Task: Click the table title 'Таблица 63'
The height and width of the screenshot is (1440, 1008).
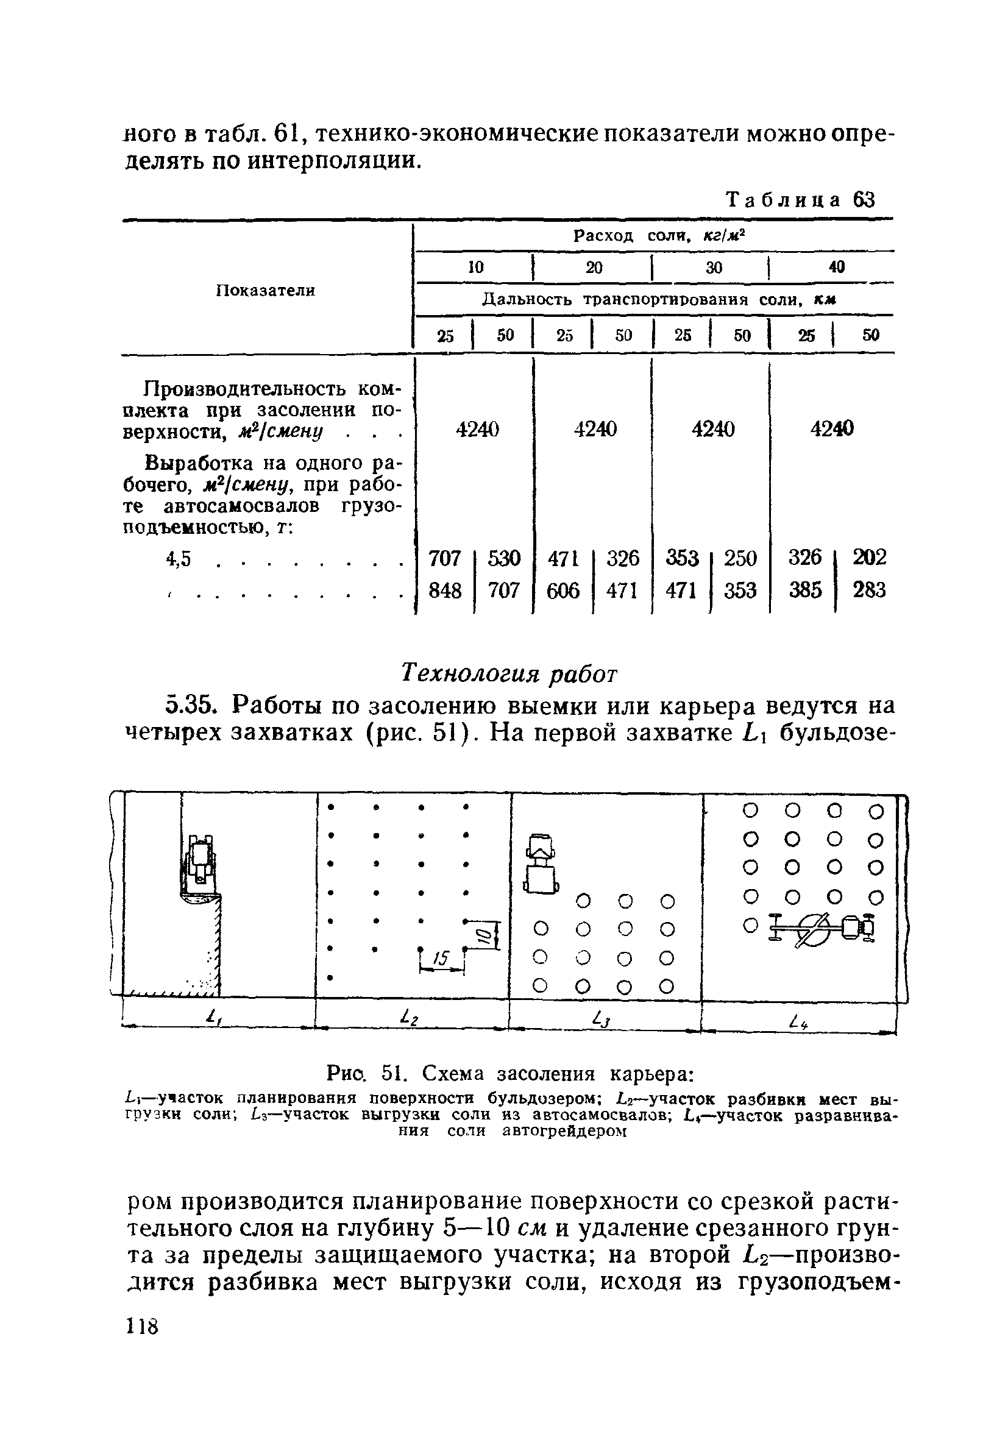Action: click(x=800, y=200)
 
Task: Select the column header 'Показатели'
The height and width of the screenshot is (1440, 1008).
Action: click(x=265, y=291)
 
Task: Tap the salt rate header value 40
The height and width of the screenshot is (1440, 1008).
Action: click(x=837, y=267)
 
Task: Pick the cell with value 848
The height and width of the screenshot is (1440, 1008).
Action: click(x=445, y=590)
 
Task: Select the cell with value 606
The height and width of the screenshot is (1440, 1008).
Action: click(x=563, y=590)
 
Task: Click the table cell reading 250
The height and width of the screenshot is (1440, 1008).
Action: click(x=740, y=558)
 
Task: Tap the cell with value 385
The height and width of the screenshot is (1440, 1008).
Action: click(x=806, y=590)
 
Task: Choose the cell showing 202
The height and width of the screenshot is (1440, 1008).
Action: click(x=870, y=558)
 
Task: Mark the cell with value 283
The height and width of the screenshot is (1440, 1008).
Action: click(x=870, y=590)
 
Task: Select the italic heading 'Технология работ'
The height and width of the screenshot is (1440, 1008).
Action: click(x=509, y=673)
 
